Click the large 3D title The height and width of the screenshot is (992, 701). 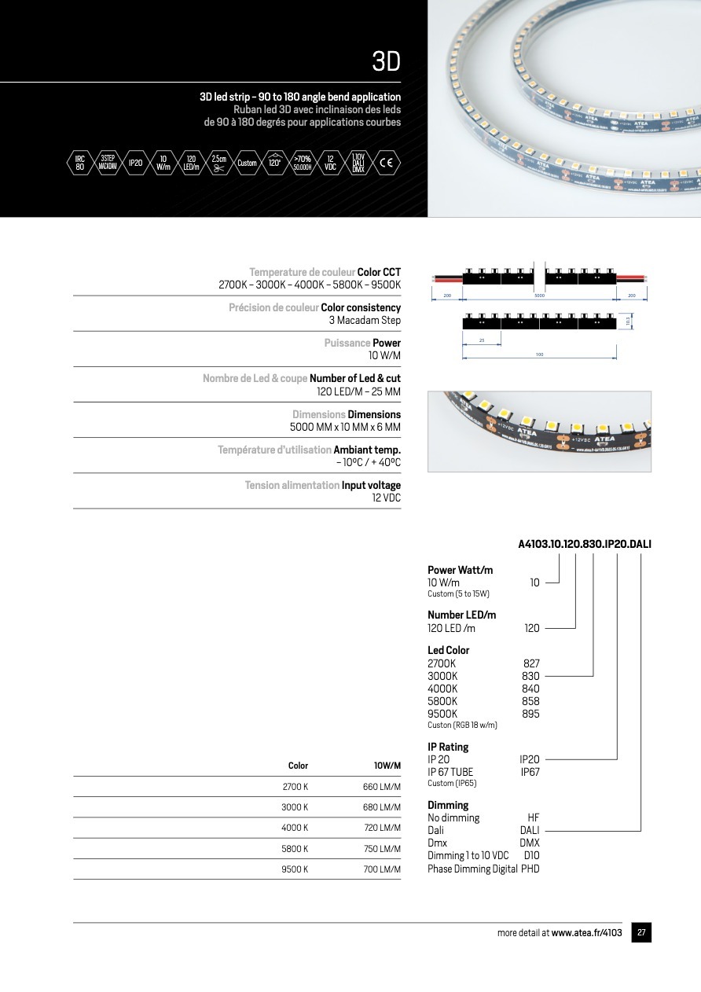click(386, 61)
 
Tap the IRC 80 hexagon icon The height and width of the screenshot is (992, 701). click(80, 163)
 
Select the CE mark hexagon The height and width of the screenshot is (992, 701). click(386, 163)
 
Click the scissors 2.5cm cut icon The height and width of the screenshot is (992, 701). click(219, 163)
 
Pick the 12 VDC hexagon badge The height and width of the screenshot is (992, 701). click(330, 163)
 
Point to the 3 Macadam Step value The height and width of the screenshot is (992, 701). click(365, 320)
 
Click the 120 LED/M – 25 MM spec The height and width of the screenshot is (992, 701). click(358, 391)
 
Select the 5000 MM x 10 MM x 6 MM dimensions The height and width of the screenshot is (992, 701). click(345, 427)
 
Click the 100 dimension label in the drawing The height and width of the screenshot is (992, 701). click(539, 355)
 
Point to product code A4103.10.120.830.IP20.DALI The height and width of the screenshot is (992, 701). click(585, 543)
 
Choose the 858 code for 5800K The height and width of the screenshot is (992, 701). click(530, 701)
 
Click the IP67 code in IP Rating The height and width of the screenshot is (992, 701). click(530, 772)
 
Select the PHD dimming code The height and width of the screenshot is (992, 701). click(530, 869)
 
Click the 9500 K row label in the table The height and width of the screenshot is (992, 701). click(295, 869)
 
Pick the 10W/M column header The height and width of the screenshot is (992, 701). click(387, 766)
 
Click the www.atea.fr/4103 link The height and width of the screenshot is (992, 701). click(586, 933)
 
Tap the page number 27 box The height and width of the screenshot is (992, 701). click(641, 933)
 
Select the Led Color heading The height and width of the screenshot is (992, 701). click(448, 650)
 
